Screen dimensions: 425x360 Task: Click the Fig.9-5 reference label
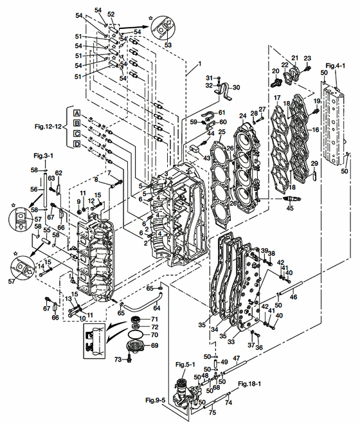click(154, 400)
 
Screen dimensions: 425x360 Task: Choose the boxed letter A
click(76, 113)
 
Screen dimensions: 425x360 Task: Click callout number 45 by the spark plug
click(291, 208)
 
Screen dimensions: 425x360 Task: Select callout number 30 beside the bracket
click(235, 88)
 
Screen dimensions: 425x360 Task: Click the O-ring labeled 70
click(136, 335)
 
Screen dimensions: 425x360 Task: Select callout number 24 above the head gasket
click(243, 116)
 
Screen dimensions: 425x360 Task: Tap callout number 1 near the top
click(199, 64)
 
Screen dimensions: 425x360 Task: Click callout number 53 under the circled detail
click(169, 46)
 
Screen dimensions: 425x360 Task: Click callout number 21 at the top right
click(295, 58)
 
